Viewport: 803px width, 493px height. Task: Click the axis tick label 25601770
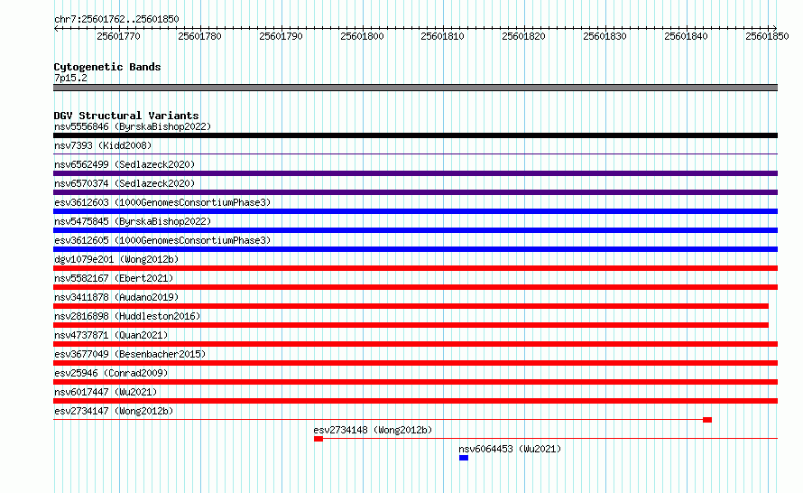(118, 36)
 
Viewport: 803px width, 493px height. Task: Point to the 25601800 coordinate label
(362, 36)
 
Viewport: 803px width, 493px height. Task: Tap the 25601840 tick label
(686, 36)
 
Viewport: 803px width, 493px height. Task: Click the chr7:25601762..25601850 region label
(116, 20)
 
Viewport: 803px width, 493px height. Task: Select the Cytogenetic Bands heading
(107, 67)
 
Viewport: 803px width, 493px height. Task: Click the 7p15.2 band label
(70, 78)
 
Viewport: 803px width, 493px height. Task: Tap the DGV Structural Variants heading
(126, 116)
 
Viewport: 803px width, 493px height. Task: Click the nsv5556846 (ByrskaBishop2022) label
(133, 126)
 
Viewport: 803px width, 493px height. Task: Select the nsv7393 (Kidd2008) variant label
(103, 145)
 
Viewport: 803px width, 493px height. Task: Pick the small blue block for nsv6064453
(464, 458)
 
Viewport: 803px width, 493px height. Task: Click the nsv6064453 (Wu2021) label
(510, 449)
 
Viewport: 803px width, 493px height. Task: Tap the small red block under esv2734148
(318, 439)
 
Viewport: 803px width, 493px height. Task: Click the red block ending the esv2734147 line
(707, 420)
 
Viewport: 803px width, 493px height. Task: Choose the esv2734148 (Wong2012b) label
(373, 430)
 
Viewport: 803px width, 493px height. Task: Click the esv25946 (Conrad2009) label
(111, 373)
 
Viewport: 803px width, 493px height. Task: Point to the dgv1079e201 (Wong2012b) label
(116, 259)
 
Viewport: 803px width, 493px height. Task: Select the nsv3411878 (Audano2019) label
(116, 297)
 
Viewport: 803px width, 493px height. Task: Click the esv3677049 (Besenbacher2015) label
(130, 354)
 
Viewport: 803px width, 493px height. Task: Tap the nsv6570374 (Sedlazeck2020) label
(125, 183)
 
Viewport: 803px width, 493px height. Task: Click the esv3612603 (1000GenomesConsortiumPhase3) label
(162, 202)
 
